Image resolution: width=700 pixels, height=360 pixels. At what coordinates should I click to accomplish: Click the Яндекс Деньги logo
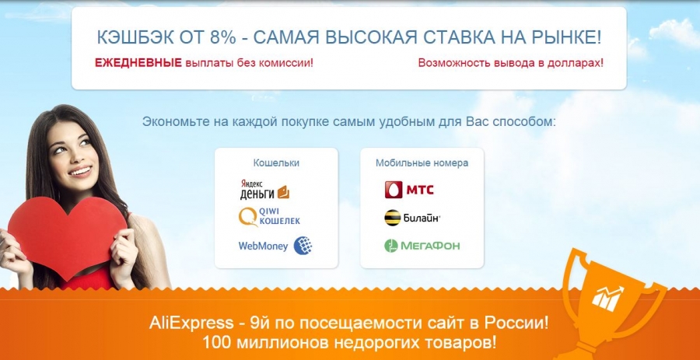coord(264,189)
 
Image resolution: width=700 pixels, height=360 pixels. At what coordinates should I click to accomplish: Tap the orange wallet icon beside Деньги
coord(283,192)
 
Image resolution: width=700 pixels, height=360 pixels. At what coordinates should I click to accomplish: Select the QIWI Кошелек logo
coord(269,217)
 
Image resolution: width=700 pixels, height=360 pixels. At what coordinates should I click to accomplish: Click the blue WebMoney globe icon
coord(303,246)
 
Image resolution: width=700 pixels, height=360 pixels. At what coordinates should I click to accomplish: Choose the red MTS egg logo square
coord(394,190)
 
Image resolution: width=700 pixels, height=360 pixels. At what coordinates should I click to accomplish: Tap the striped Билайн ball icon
coord(393,218)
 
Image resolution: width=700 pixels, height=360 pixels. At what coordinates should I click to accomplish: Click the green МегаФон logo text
coord(429,246)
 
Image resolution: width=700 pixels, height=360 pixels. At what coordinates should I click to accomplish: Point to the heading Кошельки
coord(276,163)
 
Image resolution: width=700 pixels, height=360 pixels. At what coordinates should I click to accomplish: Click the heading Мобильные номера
coord(422,163)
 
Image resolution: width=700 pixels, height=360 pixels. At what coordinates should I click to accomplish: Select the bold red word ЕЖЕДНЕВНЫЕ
coord(138,63)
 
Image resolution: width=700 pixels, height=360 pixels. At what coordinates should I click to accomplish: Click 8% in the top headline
coord(222,38)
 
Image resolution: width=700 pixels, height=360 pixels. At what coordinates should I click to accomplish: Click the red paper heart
coord(67,236)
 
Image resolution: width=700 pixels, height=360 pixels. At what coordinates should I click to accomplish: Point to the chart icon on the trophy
coord(607,299)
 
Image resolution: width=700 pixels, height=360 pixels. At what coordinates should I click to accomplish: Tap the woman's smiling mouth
coord(81,171)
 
